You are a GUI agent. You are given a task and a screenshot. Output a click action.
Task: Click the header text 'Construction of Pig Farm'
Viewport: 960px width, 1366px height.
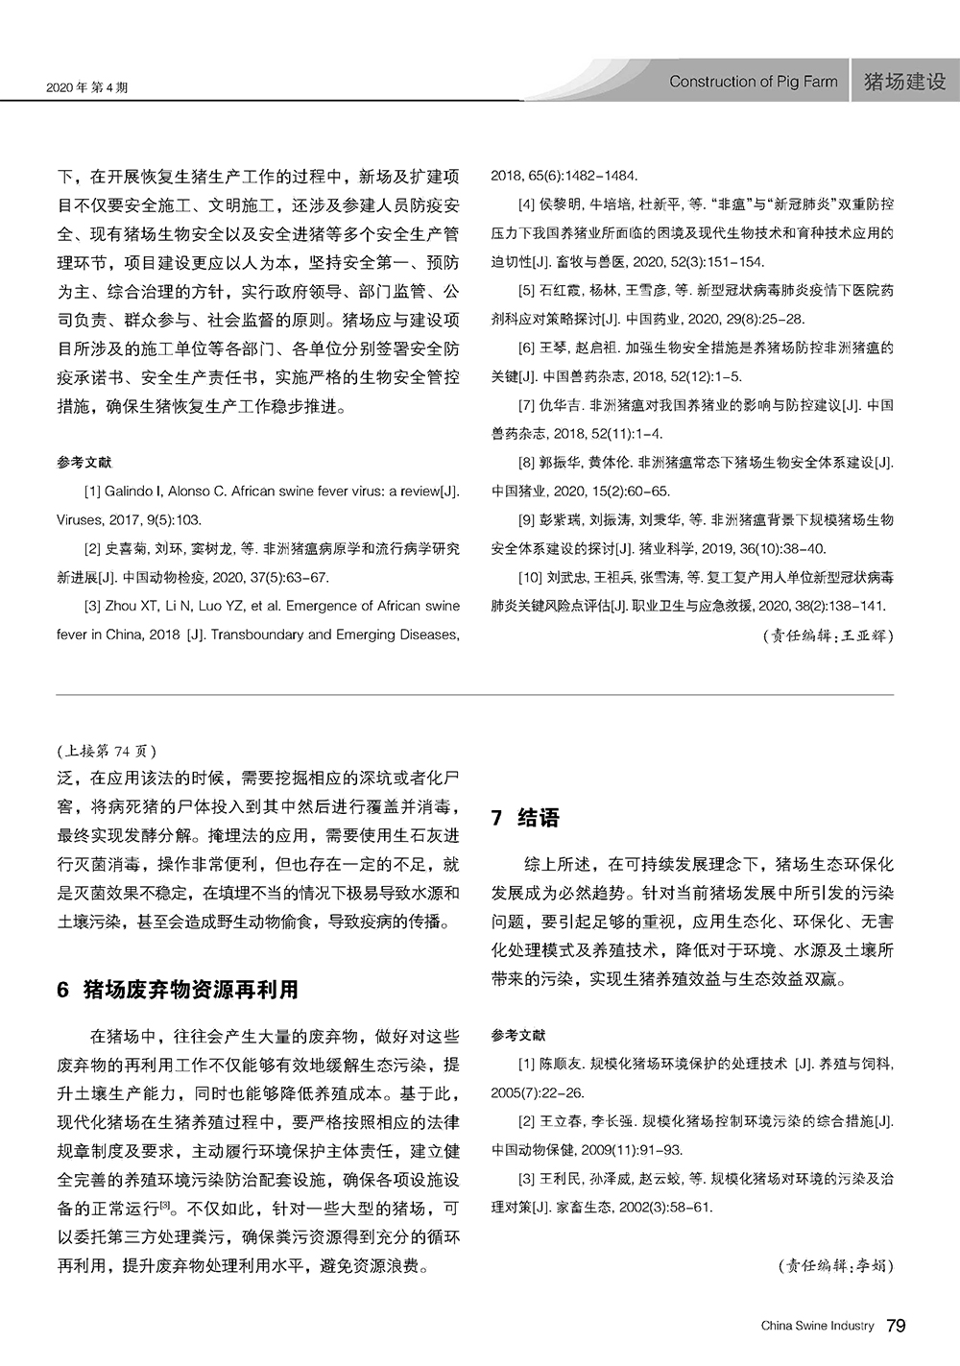point(753,82)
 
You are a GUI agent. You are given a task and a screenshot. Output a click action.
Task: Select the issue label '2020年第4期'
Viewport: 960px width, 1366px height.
point(87,87)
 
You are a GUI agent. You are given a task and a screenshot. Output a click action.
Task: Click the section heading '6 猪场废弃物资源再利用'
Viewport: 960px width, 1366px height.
point(178,989)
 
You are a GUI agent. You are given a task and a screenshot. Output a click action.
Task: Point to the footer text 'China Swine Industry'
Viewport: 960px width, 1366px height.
point(817,1327)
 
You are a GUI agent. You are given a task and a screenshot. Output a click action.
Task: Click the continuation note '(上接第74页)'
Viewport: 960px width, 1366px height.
point(106,751)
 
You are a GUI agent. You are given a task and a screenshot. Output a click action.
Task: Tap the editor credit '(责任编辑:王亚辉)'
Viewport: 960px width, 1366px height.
point(828,635)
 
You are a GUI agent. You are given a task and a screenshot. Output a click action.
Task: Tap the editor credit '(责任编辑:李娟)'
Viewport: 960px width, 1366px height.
point(835,1265)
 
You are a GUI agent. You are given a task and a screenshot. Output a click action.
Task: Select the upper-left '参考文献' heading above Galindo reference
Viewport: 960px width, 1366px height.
point(84,463)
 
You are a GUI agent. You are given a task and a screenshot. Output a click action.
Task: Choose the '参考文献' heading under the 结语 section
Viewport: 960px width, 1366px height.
point(517,1035)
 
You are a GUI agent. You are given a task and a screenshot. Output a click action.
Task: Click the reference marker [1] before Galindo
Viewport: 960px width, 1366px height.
point(93,491)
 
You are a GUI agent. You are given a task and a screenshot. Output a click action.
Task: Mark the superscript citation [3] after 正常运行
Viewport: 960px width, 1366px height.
point(164,1204)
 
